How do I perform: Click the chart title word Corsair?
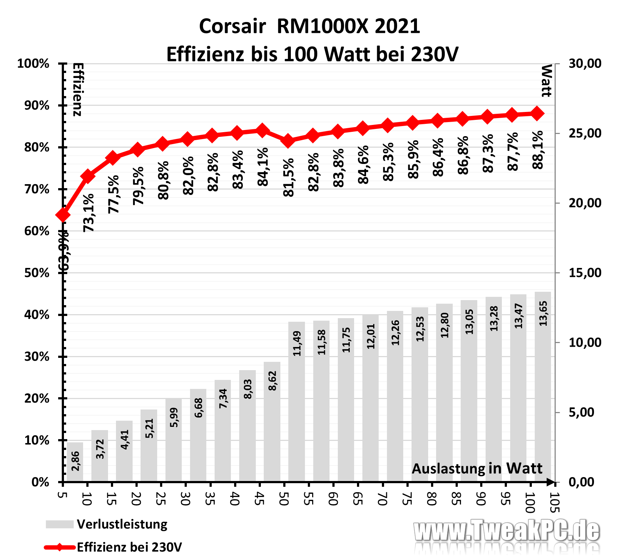coord(232,26)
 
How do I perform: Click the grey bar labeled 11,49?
coord(297,401)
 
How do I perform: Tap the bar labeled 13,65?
coord(543,386)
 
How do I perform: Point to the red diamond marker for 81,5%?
coord(288,141)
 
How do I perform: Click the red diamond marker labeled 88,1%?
coord(537,113)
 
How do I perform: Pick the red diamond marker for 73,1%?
coord(88,176)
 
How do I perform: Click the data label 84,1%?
coord(263,166)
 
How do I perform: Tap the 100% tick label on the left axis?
coord(33,64)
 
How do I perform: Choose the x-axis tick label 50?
coord(284,499)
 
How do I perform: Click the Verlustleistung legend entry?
coord(122,524)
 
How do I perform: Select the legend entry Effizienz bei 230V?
coord(129,547)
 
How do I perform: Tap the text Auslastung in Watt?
coord(477,468)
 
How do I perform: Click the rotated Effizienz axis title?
coord(78,89)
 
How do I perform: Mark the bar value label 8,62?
coord(272,381)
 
